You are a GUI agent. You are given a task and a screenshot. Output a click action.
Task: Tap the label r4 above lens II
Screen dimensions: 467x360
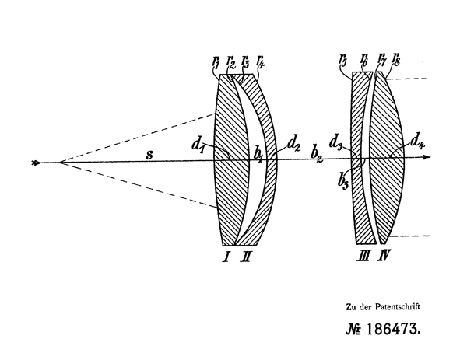coord(260,61)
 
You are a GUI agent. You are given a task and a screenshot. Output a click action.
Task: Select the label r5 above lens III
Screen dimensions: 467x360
coord(342,61)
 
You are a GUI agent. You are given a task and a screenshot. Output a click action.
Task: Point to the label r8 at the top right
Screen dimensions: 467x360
coord(396,60)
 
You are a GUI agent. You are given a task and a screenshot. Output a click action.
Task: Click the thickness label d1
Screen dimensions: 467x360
coord(198,145)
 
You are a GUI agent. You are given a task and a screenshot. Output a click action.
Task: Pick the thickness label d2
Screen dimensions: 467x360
coord(293,145)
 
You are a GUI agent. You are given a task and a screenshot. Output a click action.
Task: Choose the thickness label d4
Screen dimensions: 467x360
coord(417,141)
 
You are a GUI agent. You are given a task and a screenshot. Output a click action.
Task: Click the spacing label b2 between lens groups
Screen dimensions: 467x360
coord(317,154)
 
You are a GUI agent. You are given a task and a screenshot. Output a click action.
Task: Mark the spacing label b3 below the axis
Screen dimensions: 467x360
coord(343,181)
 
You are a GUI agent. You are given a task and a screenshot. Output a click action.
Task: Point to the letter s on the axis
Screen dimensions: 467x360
coord(149,155)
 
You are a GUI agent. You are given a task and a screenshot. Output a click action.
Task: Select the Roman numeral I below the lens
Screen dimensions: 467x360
coord(226,257)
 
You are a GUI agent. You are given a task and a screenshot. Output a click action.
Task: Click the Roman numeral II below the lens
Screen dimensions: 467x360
coord(245,257)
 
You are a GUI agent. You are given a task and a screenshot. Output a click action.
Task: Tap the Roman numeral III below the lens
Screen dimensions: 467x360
coord(363,256)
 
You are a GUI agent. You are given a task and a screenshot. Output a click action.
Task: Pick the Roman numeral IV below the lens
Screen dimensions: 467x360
coord(384,256)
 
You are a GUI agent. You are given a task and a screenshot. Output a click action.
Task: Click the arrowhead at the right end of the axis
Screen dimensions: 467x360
coord(427,157)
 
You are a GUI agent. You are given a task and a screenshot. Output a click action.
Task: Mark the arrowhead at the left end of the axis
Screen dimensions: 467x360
coord(37,163)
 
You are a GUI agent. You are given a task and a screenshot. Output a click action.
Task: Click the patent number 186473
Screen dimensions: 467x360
coord(393,330)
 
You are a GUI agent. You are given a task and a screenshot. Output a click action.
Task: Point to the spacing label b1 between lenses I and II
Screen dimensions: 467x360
coord(258,156)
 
